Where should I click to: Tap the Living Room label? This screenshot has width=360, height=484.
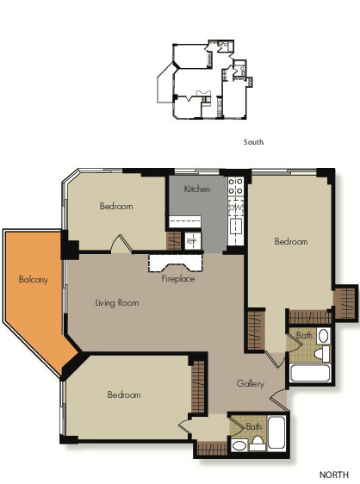click(116, 303)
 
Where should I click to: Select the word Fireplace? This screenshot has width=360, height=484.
click(177, 279)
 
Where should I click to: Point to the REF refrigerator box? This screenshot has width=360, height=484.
click(192, 240)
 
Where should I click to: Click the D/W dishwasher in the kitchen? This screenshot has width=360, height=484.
click(234, 208)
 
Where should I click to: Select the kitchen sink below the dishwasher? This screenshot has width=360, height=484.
click(234, 228)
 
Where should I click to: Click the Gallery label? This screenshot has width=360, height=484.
click(251, 383)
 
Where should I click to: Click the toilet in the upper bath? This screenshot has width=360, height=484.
click(321, 353)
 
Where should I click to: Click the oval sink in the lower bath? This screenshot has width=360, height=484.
click(238, 445)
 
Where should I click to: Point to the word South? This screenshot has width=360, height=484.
click(252, 142)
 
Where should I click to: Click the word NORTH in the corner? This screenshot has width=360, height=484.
click(333, 475)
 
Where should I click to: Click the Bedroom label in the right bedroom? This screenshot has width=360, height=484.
click(290, 242)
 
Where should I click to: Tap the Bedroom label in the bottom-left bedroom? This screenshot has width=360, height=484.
click(123, 394)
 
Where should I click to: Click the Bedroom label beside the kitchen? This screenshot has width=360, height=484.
click(115, 207)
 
